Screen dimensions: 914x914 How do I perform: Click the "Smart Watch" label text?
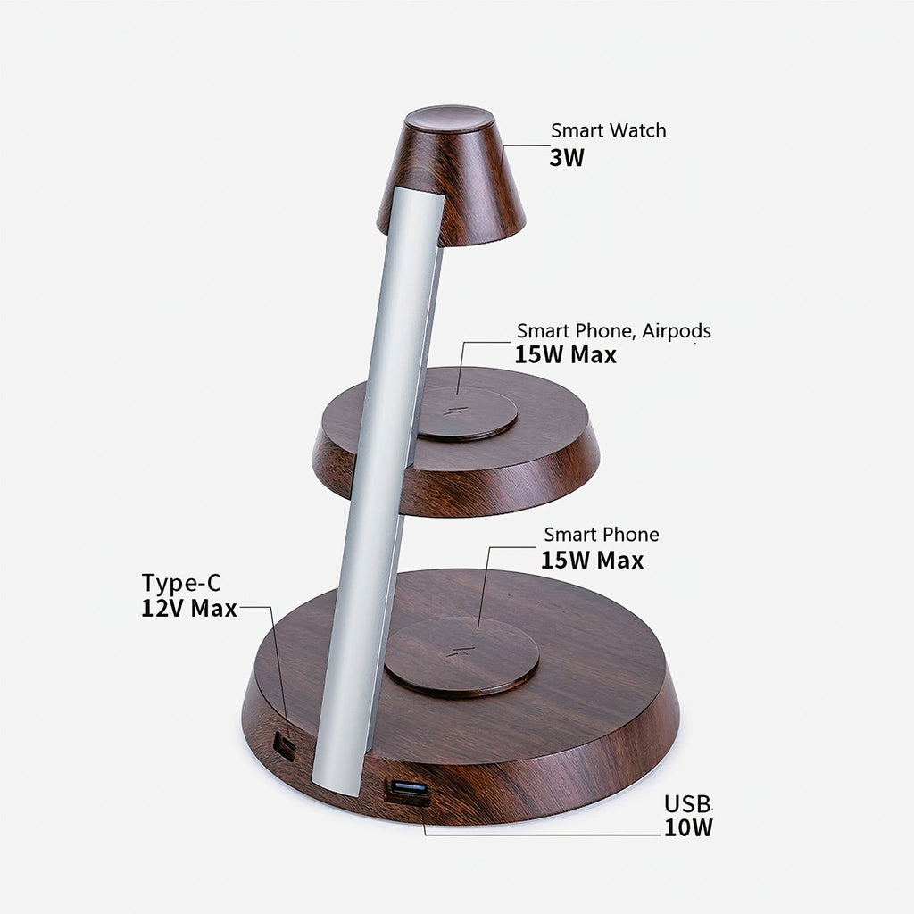608,131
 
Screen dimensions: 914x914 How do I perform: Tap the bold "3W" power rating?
567,159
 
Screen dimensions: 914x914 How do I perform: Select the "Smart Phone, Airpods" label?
614,331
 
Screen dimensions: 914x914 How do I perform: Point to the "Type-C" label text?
180,584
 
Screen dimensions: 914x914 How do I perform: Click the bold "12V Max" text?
188,610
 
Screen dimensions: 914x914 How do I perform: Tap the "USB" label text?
687,802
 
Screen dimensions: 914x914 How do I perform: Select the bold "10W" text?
688,827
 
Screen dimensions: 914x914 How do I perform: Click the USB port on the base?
407,789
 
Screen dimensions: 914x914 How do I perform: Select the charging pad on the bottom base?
461,656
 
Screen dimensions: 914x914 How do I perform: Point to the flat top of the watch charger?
450,119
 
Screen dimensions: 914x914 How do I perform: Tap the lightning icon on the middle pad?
458,412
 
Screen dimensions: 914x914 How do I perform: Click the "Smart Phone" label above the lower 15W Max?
602,536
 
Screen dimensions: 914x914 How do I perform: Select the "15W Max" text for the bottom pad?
592,561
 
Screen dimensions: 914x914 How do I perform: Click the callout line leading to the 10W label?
536,835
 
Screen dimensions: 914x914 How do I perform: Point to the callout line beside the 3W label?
527,145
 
